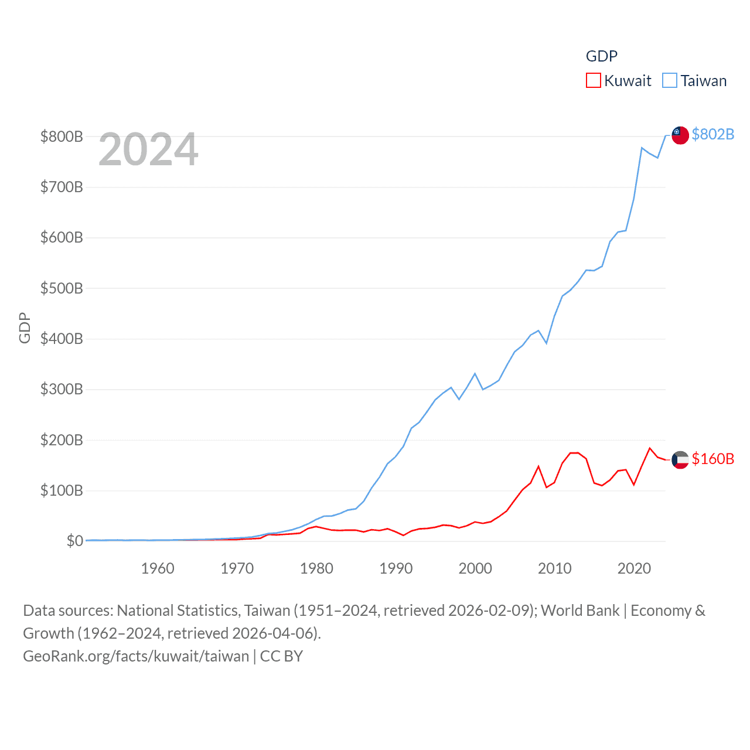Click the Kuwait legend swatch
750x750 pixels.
pyautogui.click(x=593, y=80)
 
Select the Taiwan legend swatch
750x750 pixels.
pyautogui.click(x=669, y=80)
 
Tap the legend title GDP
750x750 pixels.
pyautogui.click(x=602, y=56)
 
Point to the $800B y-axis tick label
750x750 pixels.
pyautogui.click(x=62, y=137)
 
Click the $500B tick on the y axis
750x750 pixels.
pyautogui.click(x=62, y=288)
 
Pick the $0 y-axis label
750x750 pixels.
pyautogui.click(x=74, y=541)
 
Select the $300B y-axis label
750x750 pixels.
pyautogui.click(x=62, y=389)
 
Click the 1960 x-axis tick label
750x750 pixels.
pyautogui.click(x=158, y=568)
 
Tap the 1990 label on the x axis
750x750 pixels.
pyautogui.click(x=396, y=568)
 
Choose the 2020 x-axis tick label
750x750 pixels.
pyautogui.click(x=634, y=568)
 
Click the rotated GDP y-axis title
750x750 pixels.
pyautogui.click(x=25, y=328)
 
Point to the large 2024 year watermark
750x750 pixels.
pyautogui.click(x=148, y=149)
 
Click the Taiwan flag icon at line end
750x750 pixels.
pyautogui.click(x=680, y=135)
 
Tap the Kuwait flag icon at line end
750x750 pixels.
pyautogui.click(x=680, y=460)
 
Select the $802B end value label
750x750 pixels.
pyautogui.click(x=712, y=134)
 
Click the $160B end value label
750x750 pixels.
pyautogui.click(x=712, y=459)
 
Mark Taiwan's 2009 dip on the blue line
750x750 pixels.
pyautogui.click(x=547, y=343)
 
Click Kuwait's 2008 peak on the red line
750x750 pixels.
pyautogui.click(x=538, y=466)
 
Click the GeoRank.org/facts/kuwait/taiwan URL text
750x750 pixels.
pyautogui.click(x=136, y=656)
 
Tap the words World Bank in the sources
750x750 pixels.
pyautogui.click(x=579, y=611)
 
